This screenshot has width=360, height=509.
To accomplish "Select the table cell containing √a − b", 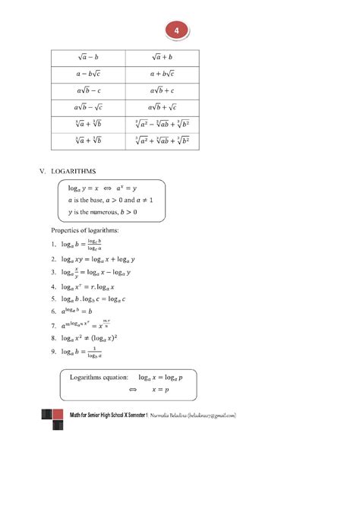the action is click(x=87, y=57).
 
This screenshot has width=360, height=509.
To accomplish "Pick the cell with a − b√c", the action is click(x=87, y=74).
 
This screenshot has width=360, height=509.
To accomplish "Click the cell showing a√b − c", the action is click(x=87, y=90).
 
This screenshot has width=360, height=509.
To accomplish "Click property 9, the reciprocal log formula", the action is click(x=82, y=352).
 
